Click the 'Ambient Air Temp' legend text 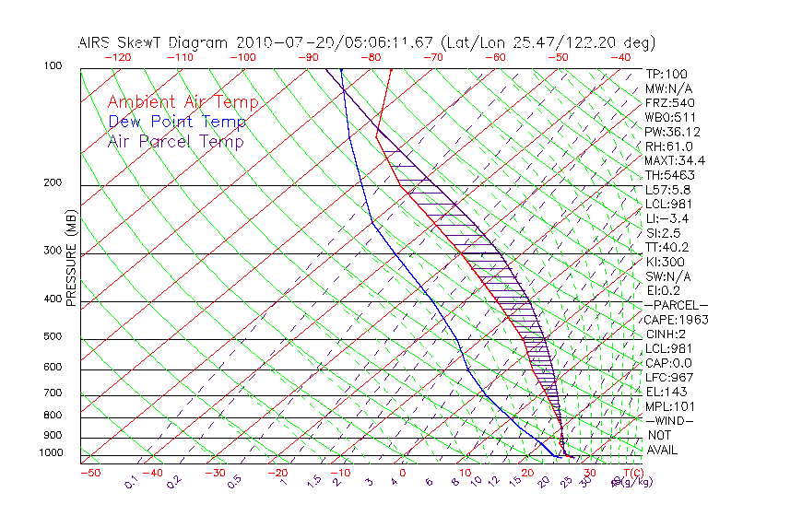point(183,102)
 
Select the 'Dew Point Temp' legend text point(177,122)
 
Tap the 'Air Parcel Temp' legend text point(176,141)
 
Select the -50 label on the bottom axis point(90,473)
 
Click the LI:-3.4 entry point(666,218)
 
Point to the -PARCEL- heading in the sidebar point(676,305)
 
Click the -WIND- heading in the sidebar point(670,420)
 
